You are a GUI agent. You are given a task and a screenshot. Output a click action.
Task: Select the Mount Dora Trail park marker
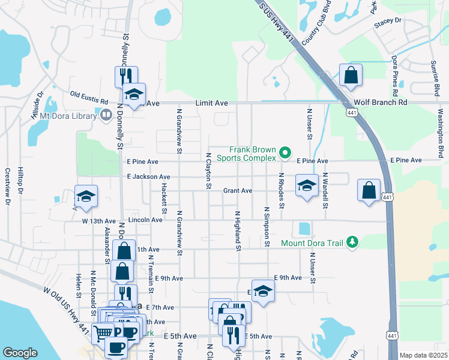click(353, 242)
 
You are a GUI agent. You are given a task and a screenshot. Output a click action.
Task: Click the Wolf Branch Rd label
click(381, 103)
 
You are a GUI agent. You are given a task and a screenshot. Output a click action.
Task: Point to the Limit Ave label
click(211, 103)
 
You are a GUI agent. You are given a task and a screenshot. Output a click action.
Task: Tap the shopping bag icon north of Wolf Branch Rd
click(351, 76)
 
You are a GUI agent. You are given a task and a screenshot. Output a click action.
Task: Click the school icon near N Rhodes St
click(306, 185)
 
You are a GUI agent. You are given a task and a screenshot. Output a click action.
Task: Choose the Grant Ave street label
click(238, 191)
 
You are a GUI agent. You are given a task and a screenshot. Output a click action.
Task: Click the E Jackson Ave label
click(148, 177)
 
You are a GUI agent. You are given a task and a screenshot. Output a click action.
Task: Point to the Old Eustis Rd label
click(89, 94)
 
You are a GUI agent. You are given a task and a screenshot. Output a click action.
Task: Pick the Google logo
click(20, 353)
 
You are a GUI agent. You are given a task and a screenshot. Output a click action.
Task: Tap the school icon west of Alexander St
click(86, 196)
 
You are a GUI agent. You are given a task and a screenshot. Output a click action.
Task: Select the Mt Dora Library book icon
click(106, 115)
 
